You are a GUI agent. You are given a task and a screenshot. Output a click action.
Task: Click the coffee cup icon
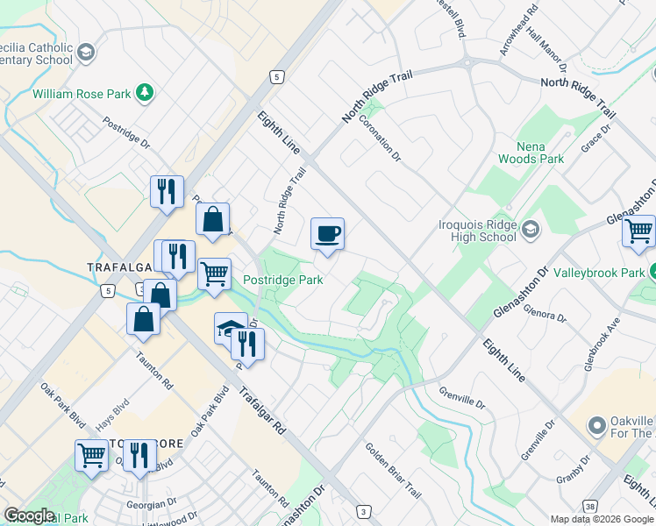tap(327, 234)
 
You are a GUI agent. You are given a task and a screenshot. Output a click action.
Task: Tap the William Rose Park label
tap(81, 92)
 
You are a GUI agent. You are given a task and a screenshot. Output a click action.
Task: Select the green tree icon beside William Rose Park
tap(144, 92)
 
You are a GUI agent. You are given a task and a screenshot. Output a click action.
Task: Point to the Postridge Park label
tap(282, 280)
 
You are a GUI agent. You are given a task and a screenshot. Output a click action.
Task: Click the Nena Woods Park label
tap(530, 153)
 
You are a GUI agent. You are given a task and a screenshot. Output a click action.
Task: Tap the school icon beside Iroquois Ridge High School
tap(530, 230)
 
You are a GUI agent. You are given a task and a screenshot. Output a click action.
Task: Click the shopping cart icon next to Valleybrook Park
tap(639, 232)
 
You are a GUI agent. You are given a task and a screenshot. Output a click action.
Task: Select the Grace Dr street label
tap(595, 139)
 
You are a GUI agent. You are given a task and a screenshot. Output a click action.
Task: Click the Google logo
tap(29, 515)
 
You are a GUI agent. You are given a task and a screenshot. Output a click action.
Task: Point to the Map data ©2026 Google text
tap(602, 519)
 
